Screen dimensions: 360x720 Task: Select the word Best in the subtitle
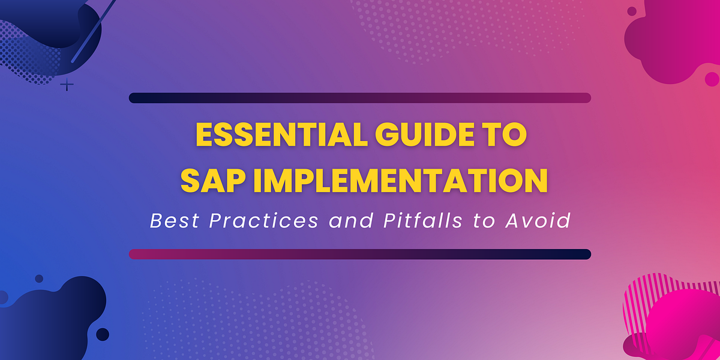coord(174,221)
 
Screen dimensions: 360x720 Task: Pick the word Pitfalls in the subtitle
coord(423,221)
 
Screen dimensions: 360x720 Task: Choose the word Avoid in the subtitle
coord(537,221)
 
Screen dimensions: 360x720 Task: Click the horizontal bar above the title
coord(360,98)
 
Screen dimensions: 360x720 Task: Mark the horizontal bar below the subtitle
coord(360,254)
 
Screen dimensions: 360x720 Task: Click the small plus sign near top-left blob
coord(67,85)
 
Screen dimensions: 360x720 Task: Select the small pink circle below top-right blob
coord(712,79)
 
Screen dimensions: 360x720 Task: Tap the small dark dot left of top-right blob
coord(632,11)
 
